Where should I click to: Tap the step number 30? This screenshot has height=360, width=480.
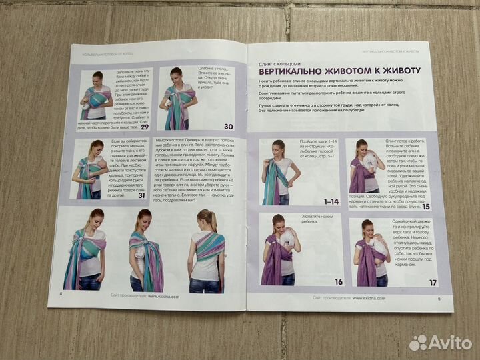(x=228, y=126)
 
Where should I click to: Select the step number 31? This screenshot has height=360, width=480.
(x=141, y=195)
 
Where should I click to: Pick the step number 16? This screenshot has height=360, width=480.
(x=339, y=281)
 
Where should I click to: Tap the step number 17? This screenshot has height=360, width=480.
(x=433, y=283)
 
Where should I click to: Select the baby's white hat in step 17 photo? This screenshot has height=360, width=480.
(x=379, y=246)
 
